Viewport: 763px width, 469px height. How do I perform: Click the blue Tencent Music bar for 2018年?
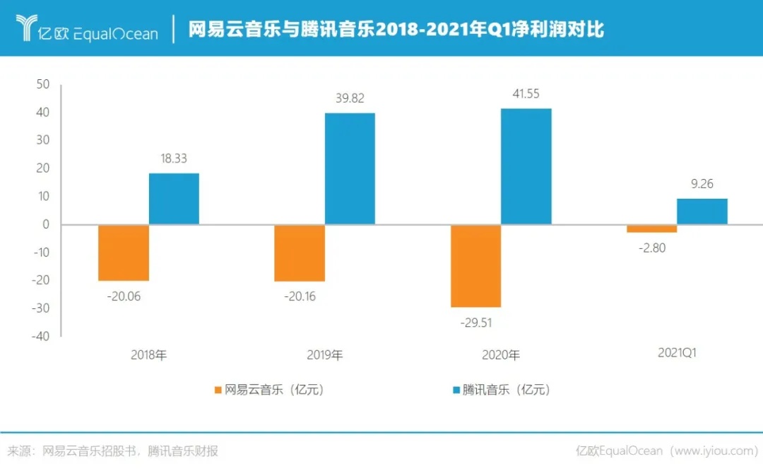point(174,199)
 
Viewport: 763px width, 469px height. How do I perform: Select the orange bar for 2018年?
point(124,253)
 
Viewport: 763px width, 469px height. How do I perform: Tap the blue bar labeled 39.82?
point(350,168)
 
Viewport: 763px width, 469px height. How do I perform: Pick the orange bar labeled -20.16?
point(300,253)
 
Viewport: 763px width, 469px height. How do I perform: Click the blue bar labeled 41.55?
point(526,166)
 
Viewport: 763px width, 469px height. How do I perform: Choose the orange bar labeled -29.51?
point(475,265)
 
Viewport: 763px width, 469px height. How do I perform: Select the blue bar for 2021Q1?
point(702,212)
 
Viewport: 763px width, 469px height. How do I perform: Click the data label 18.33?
point(173,159)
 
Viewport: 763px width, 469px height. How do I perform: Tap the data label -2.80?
point(651,248)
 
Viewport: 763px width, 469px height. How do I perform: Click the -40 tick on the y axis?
point(40,336)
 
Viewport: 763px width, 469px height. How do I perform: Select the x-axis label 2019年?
point(324,355)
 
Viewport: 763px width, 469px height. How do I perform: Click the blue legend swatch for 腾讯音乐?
point(455,390)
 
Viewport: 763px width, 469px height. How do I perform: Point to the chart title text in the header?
point(396,29)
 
